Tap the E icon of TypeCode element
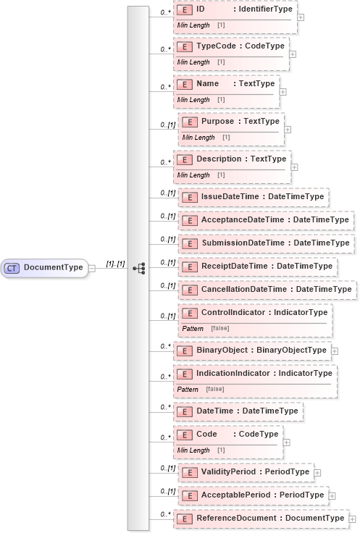click(185, 46)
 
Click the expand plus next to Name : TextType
click(282, 92)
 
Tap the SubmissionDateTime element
click(266, 243)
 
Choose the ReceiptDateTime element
click(256, 266)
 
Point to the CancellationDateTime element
click(265, 290)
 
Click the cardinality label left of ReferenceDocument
click(165, 514)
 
